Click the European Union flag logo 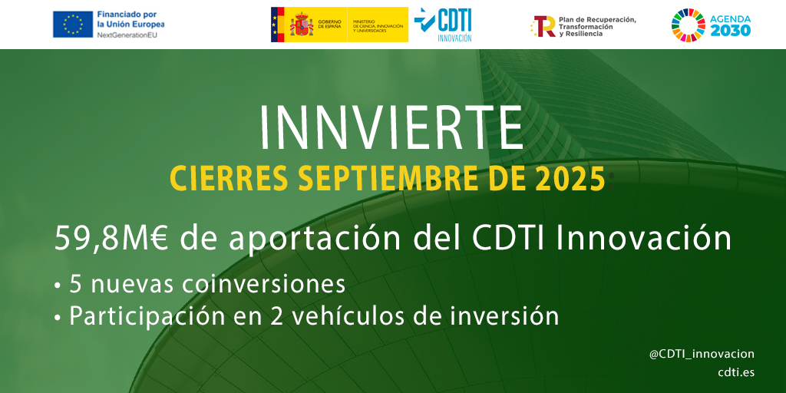73,25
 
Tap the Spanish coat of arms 301,25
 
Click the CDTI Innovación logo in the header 443,25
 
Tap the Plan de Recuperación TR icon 543,26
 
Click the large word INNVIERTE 391,127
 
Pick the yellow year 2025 571,180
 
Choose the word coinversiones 265,284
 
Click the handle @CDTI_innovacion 702,354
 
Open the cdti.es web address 736,372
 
